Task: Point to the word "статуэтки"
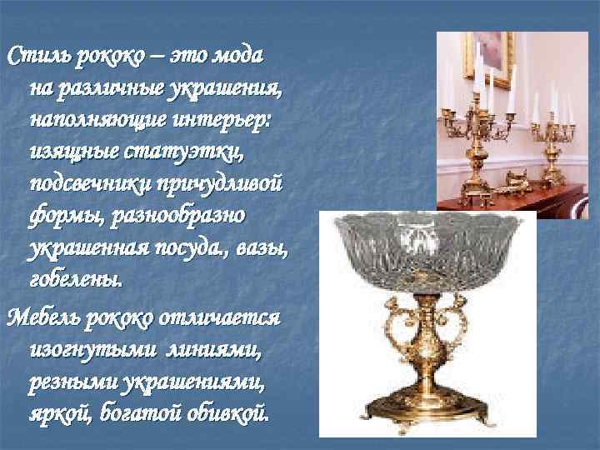pyautogui.click(x=203, y=153)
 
